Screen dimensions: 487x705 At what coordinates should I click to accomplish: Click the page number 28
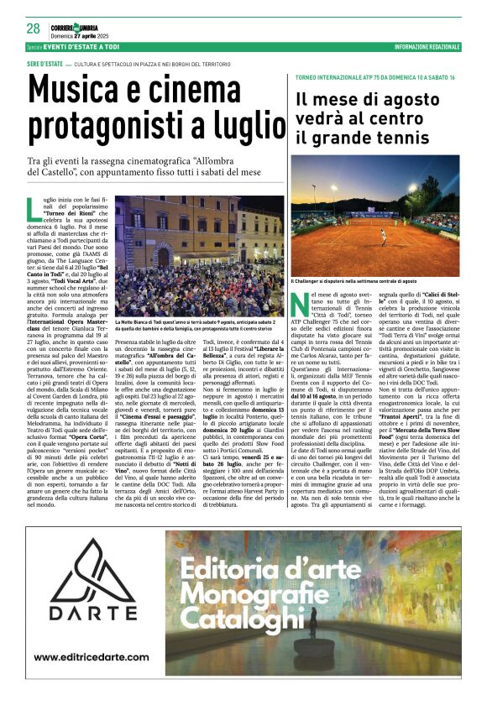[33, 28]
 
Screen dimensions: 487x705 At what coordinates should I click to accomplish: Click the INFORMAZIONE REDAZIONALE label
[423, 47]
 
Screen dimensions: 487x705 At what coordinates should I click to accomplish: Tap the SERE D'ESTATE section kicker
[45, 65]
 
